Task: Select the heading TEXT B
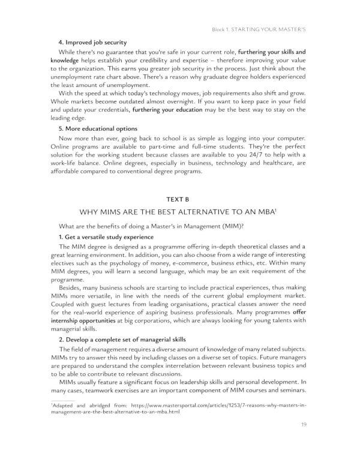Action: click(179, 200)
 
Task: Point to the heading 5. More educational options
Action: click(98, 129)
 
